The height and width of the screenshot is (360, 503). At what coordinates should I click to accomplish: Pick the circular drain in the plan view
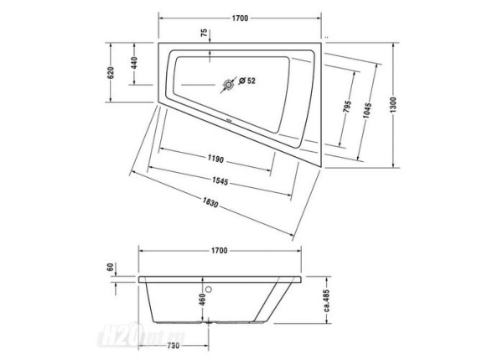click(227, 84)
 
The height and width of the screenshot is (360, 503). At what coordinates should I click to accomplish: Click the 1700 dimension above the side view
click(220, 250)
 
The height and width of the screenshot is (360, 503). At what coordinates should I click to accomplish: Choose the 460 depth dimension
click(202, 300)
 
